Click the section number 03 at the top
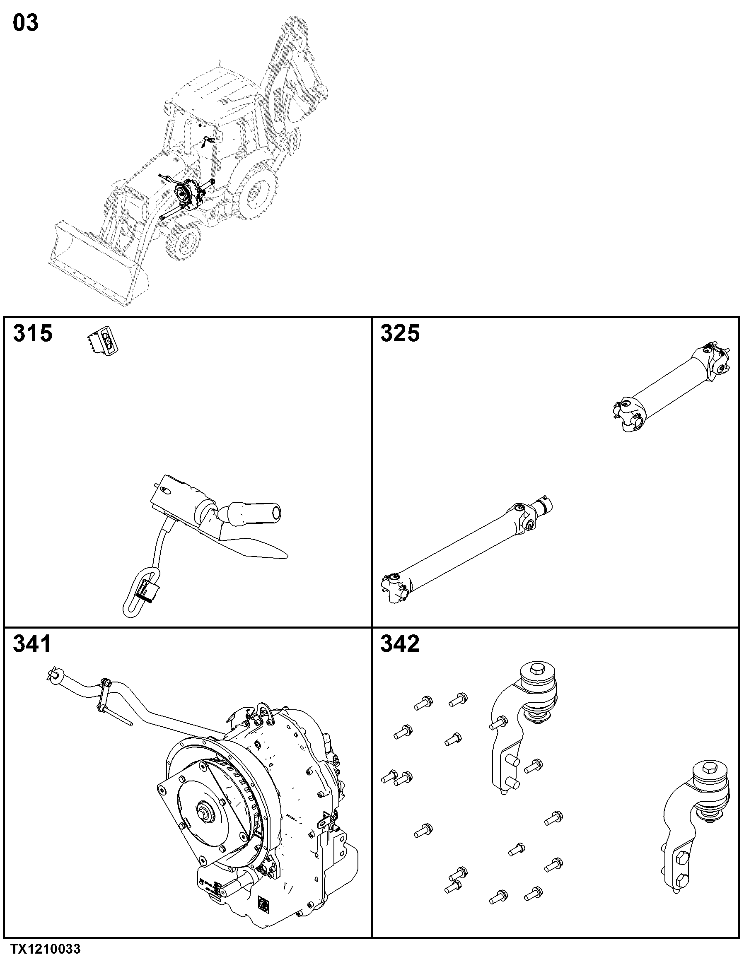tap(26, 23)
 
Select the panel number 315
tap(33, 333)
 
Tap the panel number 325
tap(400, 333)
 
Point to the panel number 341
tap(32, 644)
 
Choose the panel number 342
tap(400, 644)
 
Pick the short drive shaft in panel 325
tap(671, 386)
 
